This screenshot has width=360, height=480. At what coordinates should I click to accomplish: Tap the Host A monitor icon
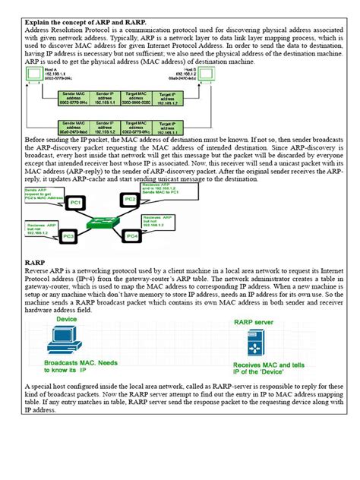click(x=34, y=74)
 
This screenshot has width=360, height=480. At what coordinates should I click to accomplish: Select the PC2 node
click(x=131, y=199)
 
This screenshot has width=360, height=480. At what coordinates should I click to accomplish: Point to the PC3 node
click(x=69, y=237)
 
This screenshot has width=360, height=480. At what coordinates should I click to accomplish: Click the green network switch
click(x=102, y=221)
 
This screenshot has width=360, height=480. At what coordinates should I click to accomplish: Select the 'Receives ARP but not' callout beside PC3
click(x=42, y=227)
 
